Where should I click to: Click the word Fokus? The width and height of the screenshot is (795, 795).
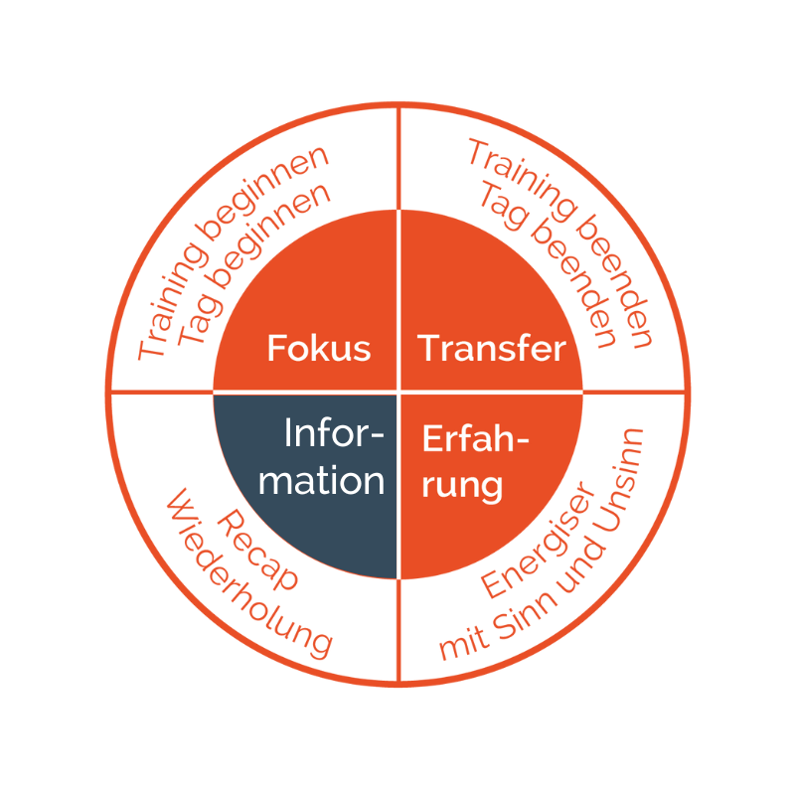coord(319,349)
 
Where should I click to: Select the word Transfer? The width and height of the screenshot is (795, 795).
coord(491,349)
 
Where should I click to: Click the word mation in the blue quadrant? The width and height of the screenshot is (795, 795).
coord(321,481)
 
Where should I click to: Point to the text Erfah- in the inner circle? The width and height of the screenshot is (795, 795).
coord(476,438)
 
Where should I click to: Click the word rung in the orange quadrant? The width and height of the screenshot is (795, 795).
coord(462,486)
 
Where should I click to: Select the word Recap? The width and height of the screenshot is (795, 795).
coord(257,551)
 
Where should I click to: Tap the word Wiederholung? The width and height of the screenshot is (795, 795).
coord(249,574)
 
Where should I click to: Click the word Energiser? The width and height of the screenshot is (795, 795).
coord(538,540)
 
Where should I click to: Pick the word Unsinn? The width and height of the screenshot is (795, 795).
coord(620,480)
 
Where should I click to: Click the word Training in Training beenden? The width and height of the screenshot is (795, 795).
coord(523,181)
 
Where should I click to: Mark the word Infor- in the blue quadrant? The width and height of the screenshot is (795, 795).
coord(334,432)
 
